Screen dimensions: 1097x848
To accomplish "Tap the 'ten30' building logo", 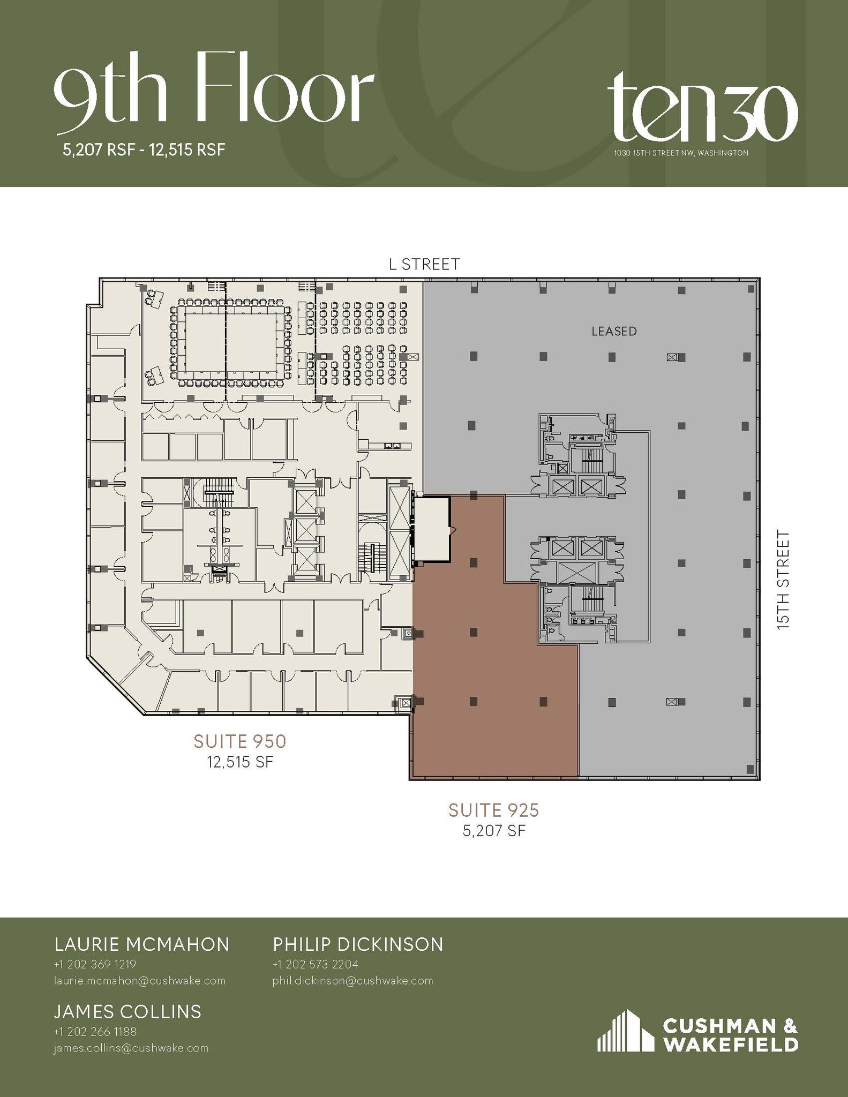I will [702, 110].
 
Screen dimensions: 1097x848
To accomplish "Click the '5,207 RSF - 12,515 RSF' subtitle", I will [144, 149].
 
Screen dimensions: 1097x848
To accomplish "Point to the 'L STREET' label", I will [424, 264].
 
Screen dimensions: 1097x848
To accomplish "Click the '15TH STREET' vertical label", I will [784, 579].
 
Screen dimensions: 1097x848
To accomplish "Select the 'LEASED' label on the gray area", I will [614, 332].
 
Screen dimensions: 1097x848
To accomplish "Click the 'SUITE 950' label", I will [240, 741].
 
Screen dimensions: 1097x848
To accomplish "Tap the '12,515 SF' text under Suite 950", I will [240, 762].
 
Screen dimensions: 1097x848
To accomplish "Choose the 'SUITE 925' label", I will [493, 810].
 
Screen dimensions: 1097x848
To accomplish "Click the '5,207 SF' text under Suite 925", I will [494, 831].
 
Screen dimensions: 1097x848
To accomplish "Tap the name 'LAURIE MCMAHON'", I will [142, 944].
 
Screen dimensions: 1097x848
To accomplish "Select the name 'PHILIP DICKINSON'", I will [358, 944].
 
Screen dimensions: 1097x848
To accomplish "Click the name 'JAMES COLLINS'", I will [127, 1012].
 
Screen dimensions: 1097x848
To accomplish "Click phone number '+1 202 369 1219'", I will [95, 964].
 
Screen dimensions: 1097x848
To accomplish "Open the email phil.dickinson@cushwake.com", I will [352, 981].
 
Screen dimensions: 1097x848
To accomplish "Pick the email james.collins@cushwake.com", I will [131, 1048].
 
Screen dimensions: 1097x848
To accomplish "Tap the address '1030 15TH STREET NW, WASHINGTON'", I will [681, 153].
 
